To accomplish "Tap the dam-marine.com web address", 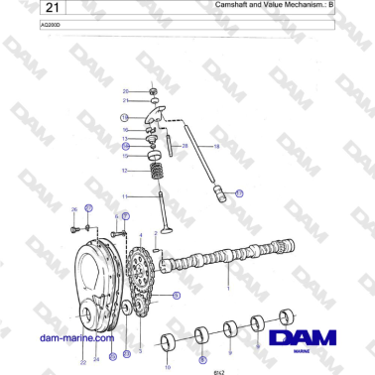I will click(72, 337).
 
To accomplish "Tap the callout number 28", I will click(185, 145).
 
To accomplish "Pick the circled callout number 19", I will click(238, 194).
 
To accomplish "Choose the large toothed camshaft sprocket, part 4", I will click(144, 282).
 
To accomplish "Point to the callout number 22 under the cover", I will click(82, 362).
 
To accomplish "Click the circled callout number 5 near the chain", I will click(176, 295).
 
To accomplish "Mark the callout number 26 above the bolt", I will click(73, 209).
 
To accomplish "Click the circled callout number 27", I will click(88, 208).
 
